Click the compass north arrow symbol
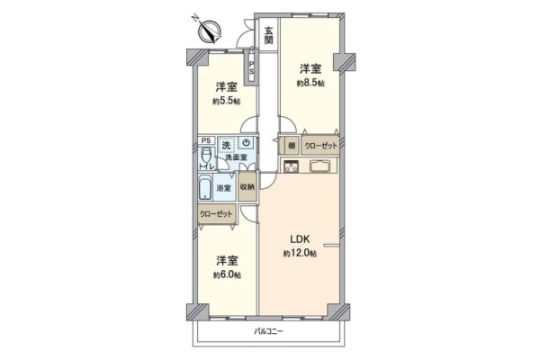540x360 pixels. [209, 31]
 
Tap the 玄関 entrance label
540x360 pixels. [268, 35]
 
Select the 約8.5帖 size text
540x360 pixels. [310, 84]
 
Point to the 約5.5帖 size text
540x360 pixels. [226, 102]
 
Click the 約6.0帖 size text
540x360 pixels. [227, 275]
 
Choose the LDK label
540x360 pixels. [301, 238]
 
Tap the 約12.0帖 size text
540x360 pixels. [300, 254]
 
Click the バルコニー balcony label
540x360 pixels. [268, 332]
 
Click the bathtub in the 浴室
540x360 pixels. [205, 187]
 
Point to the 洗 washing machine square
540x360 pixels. [226, 145]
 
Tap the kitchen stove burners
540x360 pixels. [292, 166]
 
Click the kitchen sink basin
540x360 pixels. [319, 166]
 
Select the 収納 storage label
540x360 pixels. [247, 187]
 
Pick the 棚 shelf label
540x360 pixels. [292, 146]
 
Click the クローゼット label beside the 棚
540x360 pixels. [321, 146]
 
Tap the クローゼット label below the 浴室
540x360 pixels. [216, 214]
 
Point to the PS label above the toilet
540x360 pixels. [206, 140]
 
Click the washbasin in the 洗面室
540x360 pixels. [247, 143]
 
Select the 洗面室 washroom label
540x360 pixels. [236, 157]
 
